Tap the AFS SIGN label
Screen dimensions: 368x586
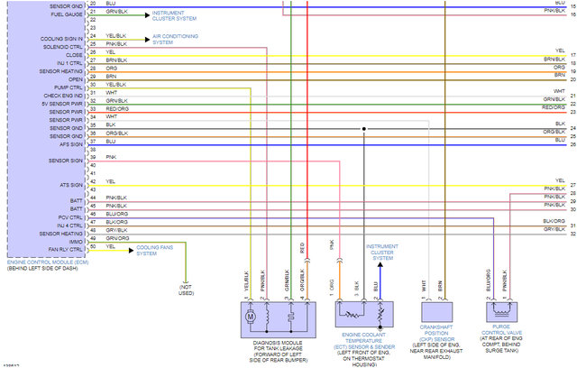[x=71, y=141]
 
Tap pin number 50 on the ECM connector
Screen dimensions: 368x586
[x=93, y=246]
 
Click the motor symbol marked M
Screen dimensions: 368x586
[x=252, y=316]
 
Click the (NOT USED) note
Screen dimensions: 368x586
[x=186, y=290]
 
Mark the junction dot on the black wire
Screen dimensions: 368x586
[x=363, y=128]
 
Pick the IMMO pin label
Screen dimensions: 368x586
[x=77, y=238]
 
